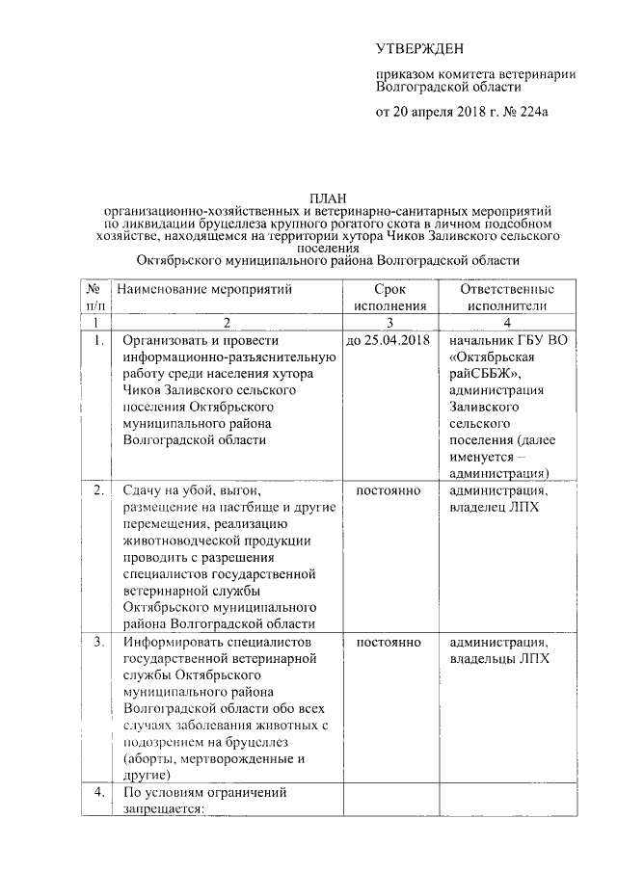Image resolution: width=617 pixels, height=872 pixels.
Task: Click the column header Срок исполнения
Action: pos(389,297)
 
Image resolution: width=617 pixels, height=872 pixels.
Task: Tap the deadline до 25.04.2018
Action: pos(387,341)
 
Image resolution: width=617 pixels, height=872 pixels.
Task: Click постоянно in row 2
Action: pos(389,491)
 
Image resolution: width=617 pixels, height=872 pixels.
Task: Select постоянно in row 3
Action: pos(389,642)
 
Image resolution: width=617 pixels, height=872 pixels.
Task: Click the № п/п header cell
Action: pos(94,297)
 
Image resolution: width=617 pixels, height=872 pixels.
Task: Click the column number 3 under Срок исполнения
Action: pos(389,322)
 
